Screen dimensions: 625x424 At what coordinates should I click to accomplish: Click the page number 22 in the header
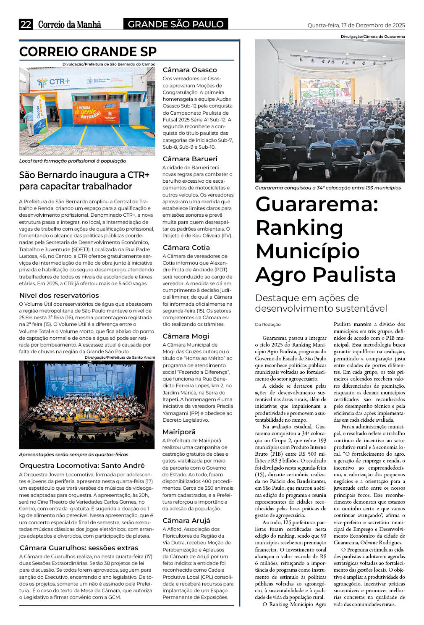(x=26, y=24)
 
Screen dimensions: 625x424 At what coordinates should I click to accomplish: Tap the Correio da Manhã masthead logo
(x=70, y=24)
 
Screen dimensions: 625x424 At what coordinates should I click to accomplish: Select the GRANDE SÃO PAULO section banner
(x=175, y=24)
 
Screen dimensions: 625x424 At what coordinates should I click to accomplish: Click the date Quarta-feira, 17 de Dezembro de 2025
(x=356, y=25)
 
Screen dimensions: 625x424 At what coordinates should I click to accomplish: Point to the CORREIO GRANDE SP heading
(x=88, y=52)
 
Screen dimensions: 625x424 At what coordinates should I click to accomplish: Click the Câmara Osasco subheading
(x=190, y=70)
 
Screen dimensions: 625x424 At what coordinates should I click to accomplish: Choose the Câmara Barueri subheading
(x=190, y=159)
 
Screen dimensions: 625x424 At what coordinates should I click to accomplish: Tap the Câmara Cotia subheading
(x=186, y=247)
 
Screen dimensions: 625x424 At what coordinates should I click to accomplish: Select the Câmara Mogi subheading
(x=186, y=336)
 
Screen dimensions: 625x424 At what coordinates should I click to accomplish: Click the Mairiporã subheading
(x=179, y=432)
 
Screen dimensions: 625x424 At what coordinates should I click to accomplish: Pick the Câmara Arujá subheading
(x=186, y=520)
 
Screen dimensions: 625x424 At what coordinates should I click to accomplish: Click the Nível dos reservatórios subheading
(x=59, y=295)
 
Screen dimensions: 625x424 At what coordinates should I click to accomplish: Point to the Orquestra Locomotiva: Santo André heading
(x=82, y=465)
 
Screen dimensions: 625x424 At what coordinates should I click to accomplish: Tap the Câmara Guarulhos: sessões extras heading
(x=79, y=548)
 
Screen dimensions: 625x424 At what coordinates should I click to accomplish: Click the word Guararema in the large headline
(x=316, y=204)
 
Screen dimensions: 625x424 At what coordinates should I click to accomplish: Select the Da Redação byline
(x=268, y=324)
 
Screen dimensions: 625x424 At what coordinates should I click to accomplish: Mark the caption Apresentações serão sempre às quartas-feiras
(x=74, y=454)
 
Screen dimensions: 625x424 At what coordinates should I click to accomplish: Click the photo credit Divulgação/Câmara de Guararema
(x=373, y=37)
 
